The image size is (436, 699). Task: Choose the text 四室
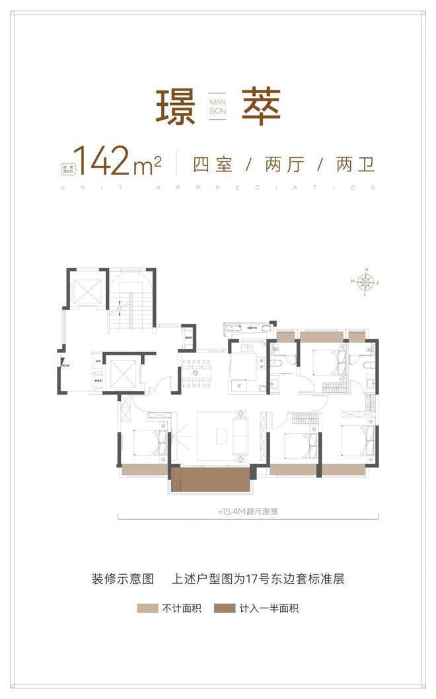pyautogui.click(x=212, y=163)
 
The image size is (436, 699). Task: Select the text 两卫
pyautogui.click(x=355, y=163)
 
